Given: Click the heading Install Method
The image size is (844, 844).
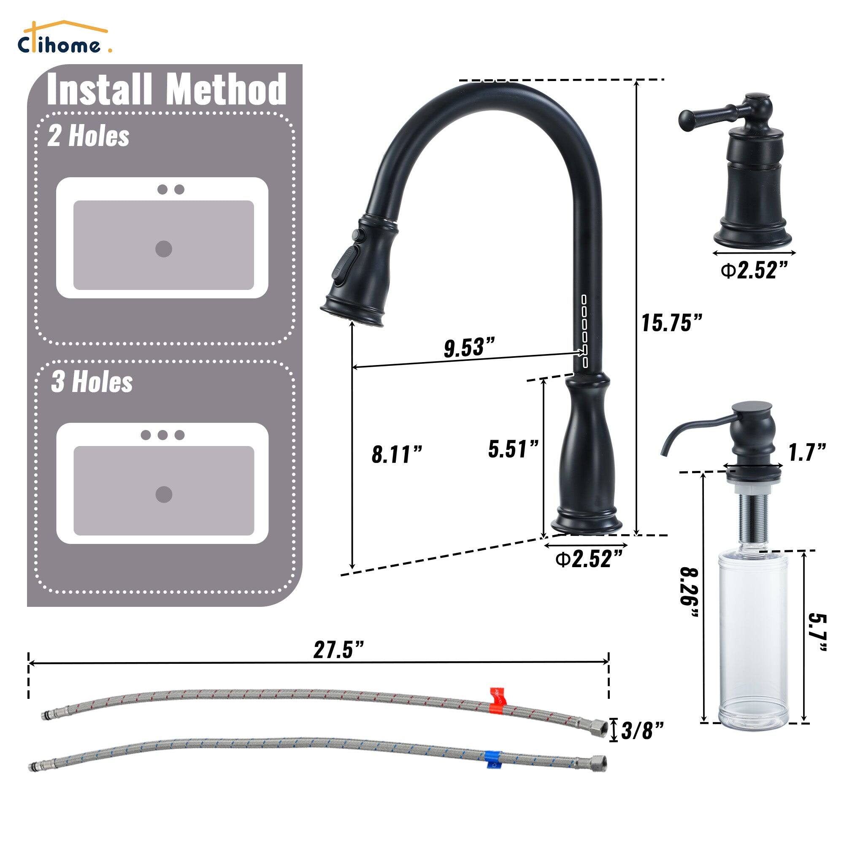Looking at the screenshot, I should click(x=166, y=90).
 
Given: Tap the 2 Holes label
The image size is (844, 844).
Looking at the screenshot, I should click(x=88, y=136).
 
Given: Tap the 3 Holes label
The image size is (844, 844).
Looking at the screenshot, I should click(x=92, y=382).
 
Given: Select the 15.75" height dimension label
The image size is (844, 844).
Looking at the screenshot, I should click(x=671, y=323).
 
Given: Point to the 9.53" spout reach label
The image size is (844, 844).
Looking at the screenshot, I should click(x=469, y=347).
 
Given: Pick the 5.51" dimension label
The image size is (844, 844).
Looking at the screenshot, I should click(x=513, y=449).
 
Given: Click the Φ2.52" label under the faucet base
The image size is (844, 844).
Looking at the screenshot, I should click(x=589, y=559).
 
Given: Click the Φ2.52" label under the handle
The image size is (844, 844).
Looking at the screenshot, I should click(x=755, y=271).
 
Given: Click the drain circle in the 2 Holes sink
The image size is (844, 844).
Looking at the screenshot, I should click(x=163, y=249).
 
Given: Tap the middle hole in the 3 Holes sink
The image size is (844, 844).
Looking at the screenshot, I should click(x=162, y=435).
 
